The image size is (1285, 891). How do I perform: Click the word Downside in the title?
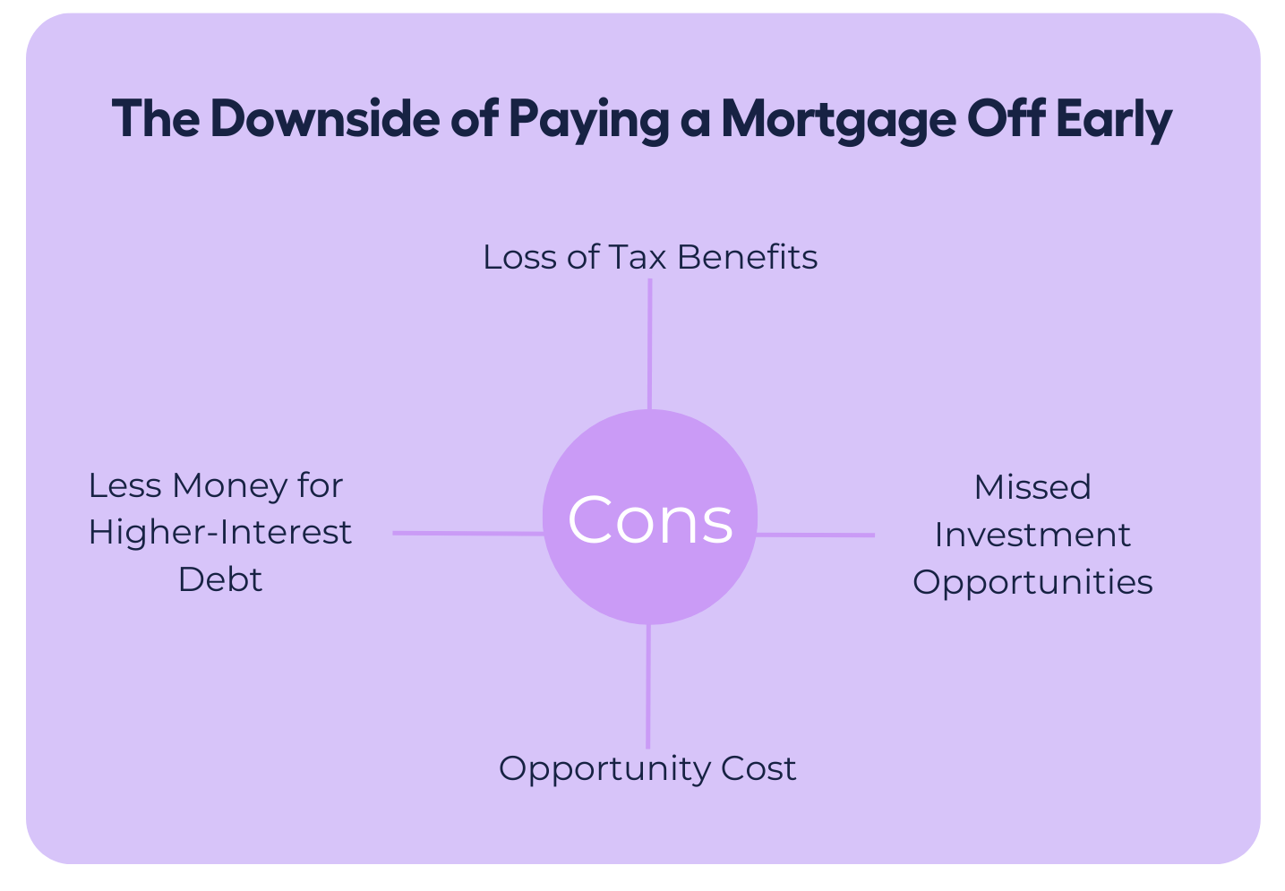coord(325,119)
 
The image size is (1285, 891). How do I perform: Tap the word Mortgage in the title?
coord(839,121)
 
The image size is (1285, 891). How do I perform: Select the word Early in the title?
coord(1113,121)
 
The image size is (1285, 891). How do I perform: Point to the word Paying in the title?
coord(588,121)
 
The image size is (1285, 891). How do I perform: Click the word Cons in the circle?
coord(650,519)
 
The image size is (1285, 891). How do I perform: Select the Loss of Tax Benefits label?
coord(650,257)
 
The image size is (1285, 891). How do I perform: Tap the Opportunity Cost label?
coord(647,769)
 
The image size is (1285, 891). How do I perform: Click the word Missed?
coord(1032,488)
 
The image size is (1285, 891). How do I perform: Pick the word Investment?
coord(1032,535)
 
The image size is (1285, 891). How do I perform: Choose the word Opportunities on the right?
coord(1032,584)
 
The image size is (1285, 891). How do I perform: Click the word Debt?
coord(220,579)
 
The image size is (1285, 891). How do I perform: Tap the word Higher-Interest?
coord(220,533)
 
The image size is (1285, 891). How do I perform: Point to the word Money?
coord(229,487)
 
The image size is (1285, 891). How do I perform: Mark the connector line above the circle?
coord(650,344)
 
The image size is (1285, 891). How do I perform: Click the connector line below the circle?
coord(648,686)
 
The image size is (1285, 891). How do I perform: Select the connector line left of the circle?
coord(468,534)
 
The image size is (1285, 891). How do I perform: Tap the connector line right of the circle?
coord(815,535)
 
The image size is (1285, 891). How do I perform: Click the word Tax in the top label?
coord(637,257)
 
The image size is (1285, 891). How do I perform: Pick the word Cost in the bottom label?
coord(759,768)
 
